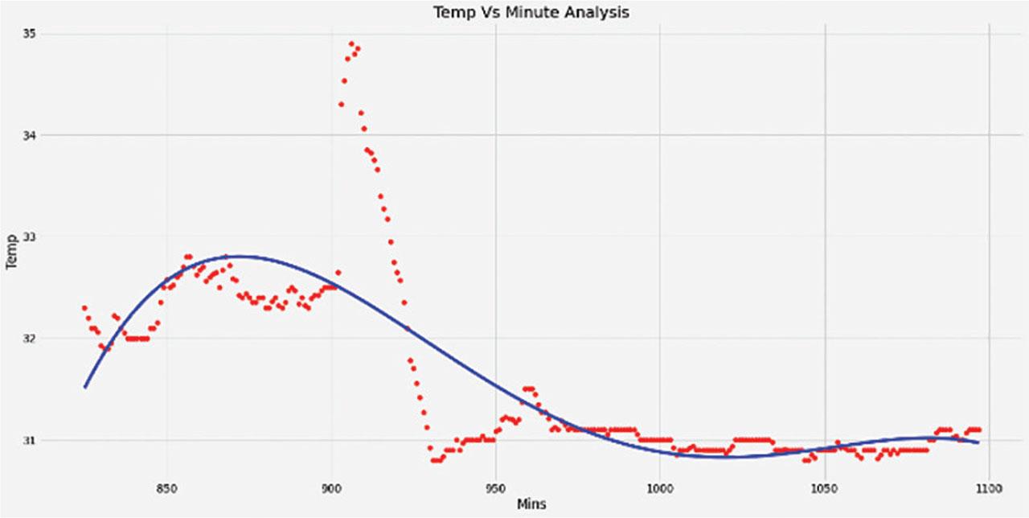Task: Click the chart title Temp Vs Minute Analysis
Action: tap(531, 12)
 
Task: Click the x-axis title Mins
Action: tap(531, 504)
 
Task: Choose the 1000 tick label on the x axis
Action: tap(659, 487)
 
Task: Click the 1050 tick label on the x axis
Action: tap(824, 487)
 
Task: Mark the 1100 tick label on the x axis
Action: tap(988, 487)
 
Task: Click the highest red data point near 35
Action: tap(351, 43)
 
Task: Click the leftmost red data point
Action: tap(84, 307)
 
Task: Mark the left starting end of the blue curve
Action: tap(85, 387)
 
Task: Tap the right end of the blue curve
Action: tap(978, 442)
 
